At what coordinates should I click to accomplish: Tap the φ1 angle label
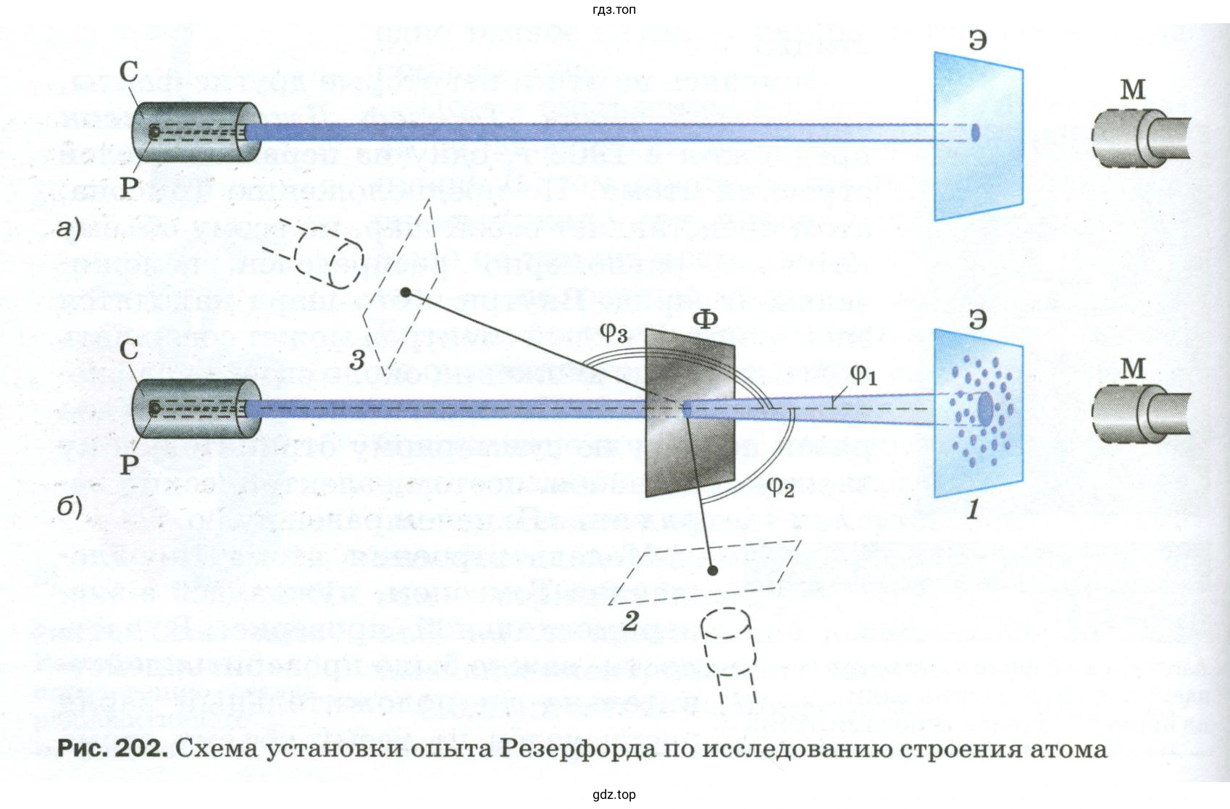863,374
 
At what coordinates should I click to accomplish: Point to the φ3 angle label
614,332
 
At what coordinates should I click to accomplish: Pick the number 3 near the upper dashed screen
356,359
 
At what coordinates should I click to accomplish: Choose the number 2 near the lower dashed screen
631,621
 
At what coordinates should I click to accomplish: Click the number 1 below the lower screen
973,510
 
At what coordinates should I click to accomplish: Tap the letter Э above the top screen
977,40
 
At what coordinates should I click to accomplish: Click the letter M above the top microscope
1133,89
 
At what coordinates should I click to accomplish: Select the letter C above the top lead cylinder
129,71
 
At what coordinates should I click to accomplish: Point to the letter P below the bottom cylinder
129,464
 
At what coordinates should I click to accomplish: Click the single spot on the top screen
975,133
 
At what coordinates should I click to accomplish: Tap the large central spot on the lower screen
985,410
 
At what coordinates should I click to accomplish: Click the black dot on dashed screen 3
406,292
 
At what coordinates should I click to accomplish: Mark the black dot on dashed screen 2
713,571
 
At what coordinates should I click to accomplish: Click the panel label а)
69,229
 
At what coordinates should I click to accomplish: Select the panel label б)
70,505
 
